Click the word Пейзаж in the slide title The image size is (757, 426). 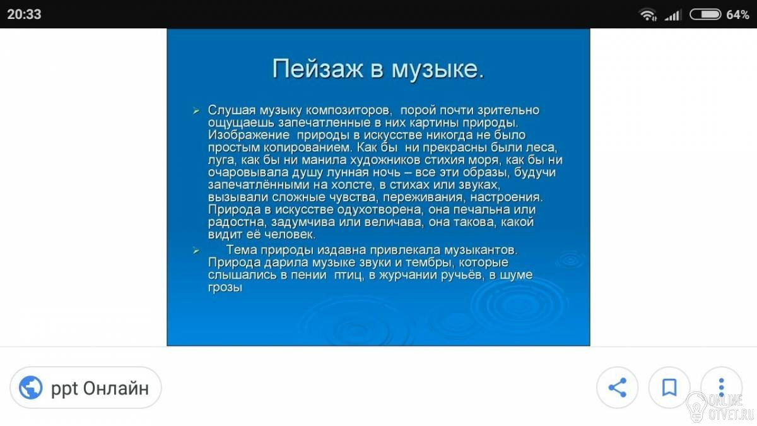pos(318,69)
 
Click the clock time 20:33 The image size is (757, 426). pos(24,14)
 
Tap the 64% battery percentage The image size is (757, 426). pos(737,15)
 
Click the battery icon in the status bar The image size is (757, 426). pos(705,14)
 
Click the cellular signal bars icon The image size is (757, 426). pos(673,15)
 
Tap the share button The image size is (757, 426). pos(617,388)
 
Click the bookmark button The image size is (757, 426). pos(669,388)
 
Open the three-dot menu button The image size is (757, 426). pos(721,388)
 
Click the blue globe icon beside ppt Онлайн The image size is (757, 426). pos(31,388)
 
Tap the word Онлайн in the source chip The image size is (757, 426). pos(115,388)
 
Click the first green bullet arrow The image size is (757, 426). pos(196,110)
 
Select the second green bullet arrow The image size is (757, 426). pos(196,251)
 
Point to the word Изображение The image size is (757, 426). pos(249,135)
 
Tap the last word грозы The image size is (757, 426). pos(225,288)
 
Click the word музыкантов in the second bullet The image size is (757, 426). pos(481,250)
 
